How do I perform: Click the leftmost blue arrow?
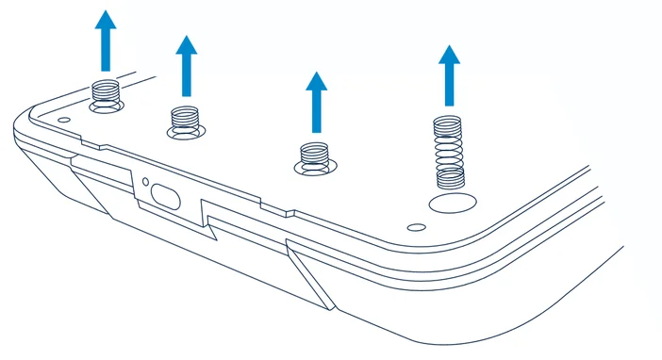pyautogui.click(x=106, y=41)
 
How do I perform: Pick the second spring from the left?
pyautogui.click(x=186, y=119)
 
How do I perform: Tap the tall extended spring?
pyautogui.click(x=448, y=151)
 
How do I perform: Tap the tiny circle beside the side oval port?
pyautogui.click(x=146, y=180)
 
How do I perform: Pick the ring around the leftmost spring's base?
pyautogui.click(x=106, y=106)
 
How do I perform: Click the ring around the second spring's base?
pyautogui.click(x=186, y=131)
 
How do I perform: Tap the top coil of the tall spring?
pyautogui.click(x=448, y=121)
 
